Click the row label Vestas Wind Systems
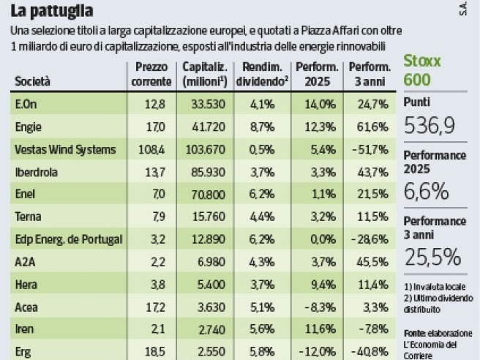pyautogui.click(x=65, y=150)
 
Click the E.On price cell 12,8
pyautogui.click(x=155, y=105)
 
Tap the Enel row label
pyautogui.click(x=26, y=195)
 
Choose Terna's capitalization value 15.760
pyautogui.click(x=208, y=217)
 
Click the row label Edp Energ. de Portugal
pyautogui.click(x=68, y=239)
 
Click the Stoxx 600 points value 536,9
pyautogui.click(x=430, y=126)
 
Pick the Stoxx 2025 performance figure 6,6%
pyautogui.click(x=424, y=192)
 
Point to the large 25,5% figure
pyautogui.click(x=432, y=257)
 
